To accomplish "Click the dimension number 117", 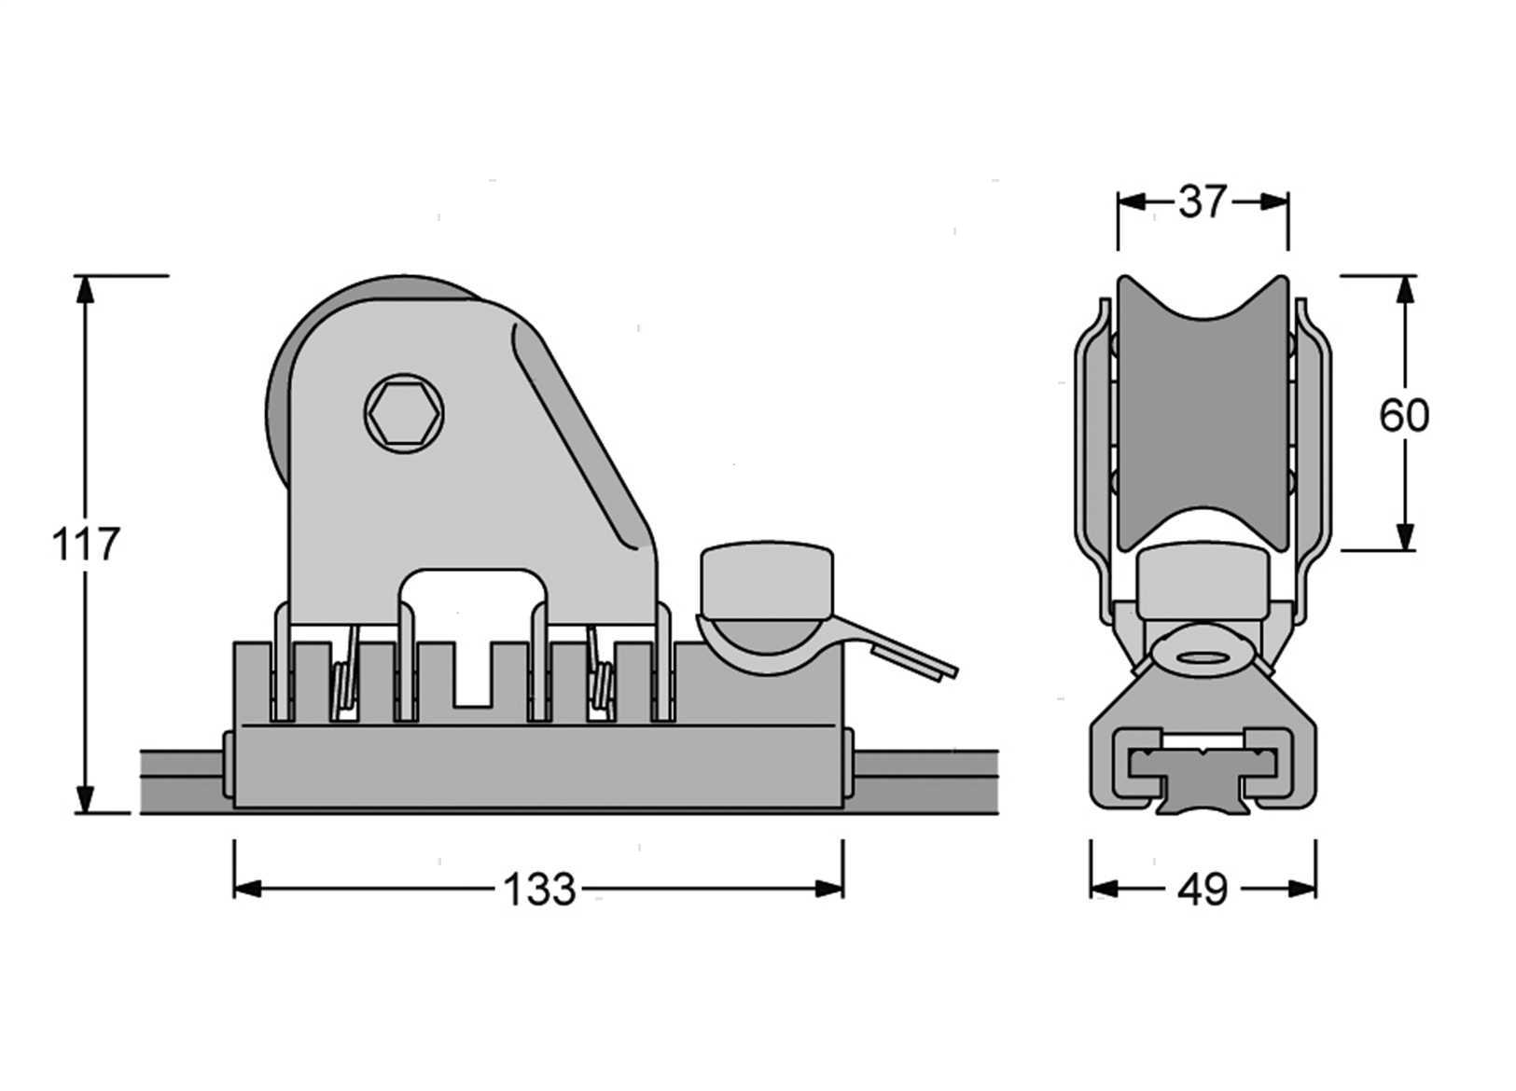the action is tap(86, 545).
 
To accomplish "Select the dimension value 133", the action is tap(539, 890).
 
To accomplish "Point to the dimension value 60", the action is tap(1404, 415).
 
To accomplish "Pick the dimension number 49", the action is tap(1203, 891).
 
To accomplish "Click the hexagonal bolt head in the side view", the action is tap(404, 413).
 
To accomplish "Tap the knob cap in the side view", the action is tap(767, 580).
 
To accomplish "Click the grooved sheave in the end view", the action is tap(1203, 412).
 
